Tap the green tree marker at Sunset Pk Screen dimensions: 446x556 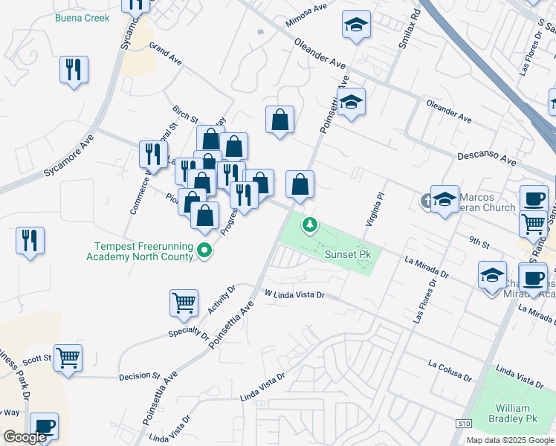(x=309, y=224)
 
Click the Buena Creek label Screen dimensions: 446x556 (x=82, y=18)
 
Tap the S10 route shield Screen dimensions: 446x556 (x=463, y=424)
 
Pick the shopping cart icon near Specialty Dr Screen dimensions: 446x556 (x=184, y=302)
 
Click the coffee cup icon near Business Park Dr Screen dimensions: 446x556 (x=45, y=426)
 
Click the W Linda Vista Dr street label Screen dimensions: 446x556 (x=295, y=294)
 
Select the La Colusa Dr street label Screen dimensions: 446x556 (x=450, y=369)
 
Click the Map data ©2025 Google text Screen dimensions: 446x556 (x=509, y=440)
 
